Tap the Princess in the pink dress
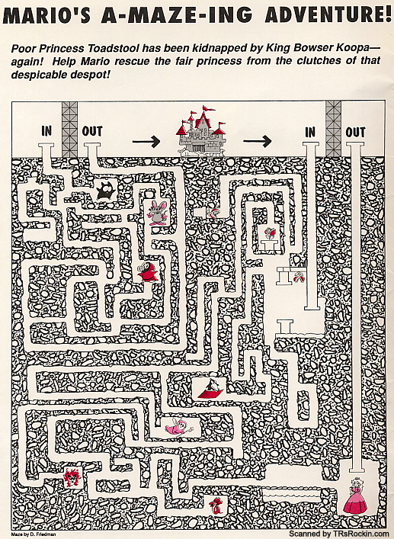pyautogui.click(x=355, y=496)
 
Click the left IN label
pyautogui.click(x=46, y=131)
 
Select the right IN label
pyautogui.click(x=310, y=133)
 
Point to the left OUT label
pyautogui.click(x=92, y=131)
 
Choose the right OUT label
pyautogui.click(x=356, y=133)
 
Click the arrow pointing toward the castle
pyautogui.click(x=146, y=141)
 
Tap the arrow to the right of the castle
pyautogui.click(x=258, y=140)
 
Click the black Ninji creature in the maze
pyautogui.click(x=106, y=191)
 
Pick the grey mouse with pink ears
pyautogui.click(x=157, y=213)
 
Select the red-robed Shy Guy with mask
pyautogui.click(x=147, y=272)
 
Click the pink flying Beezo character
pyautogui.click(x=178, y=427)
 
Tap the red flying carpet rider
pyautogui.click(x=212, y=388)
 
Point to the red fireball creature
pyautogui.click(x=72, y=478)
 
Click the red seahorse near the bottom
pyautogui.click(x=216, y=505)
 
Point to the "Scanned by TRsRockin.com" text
pyautogui.click(x=336, y=534)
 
